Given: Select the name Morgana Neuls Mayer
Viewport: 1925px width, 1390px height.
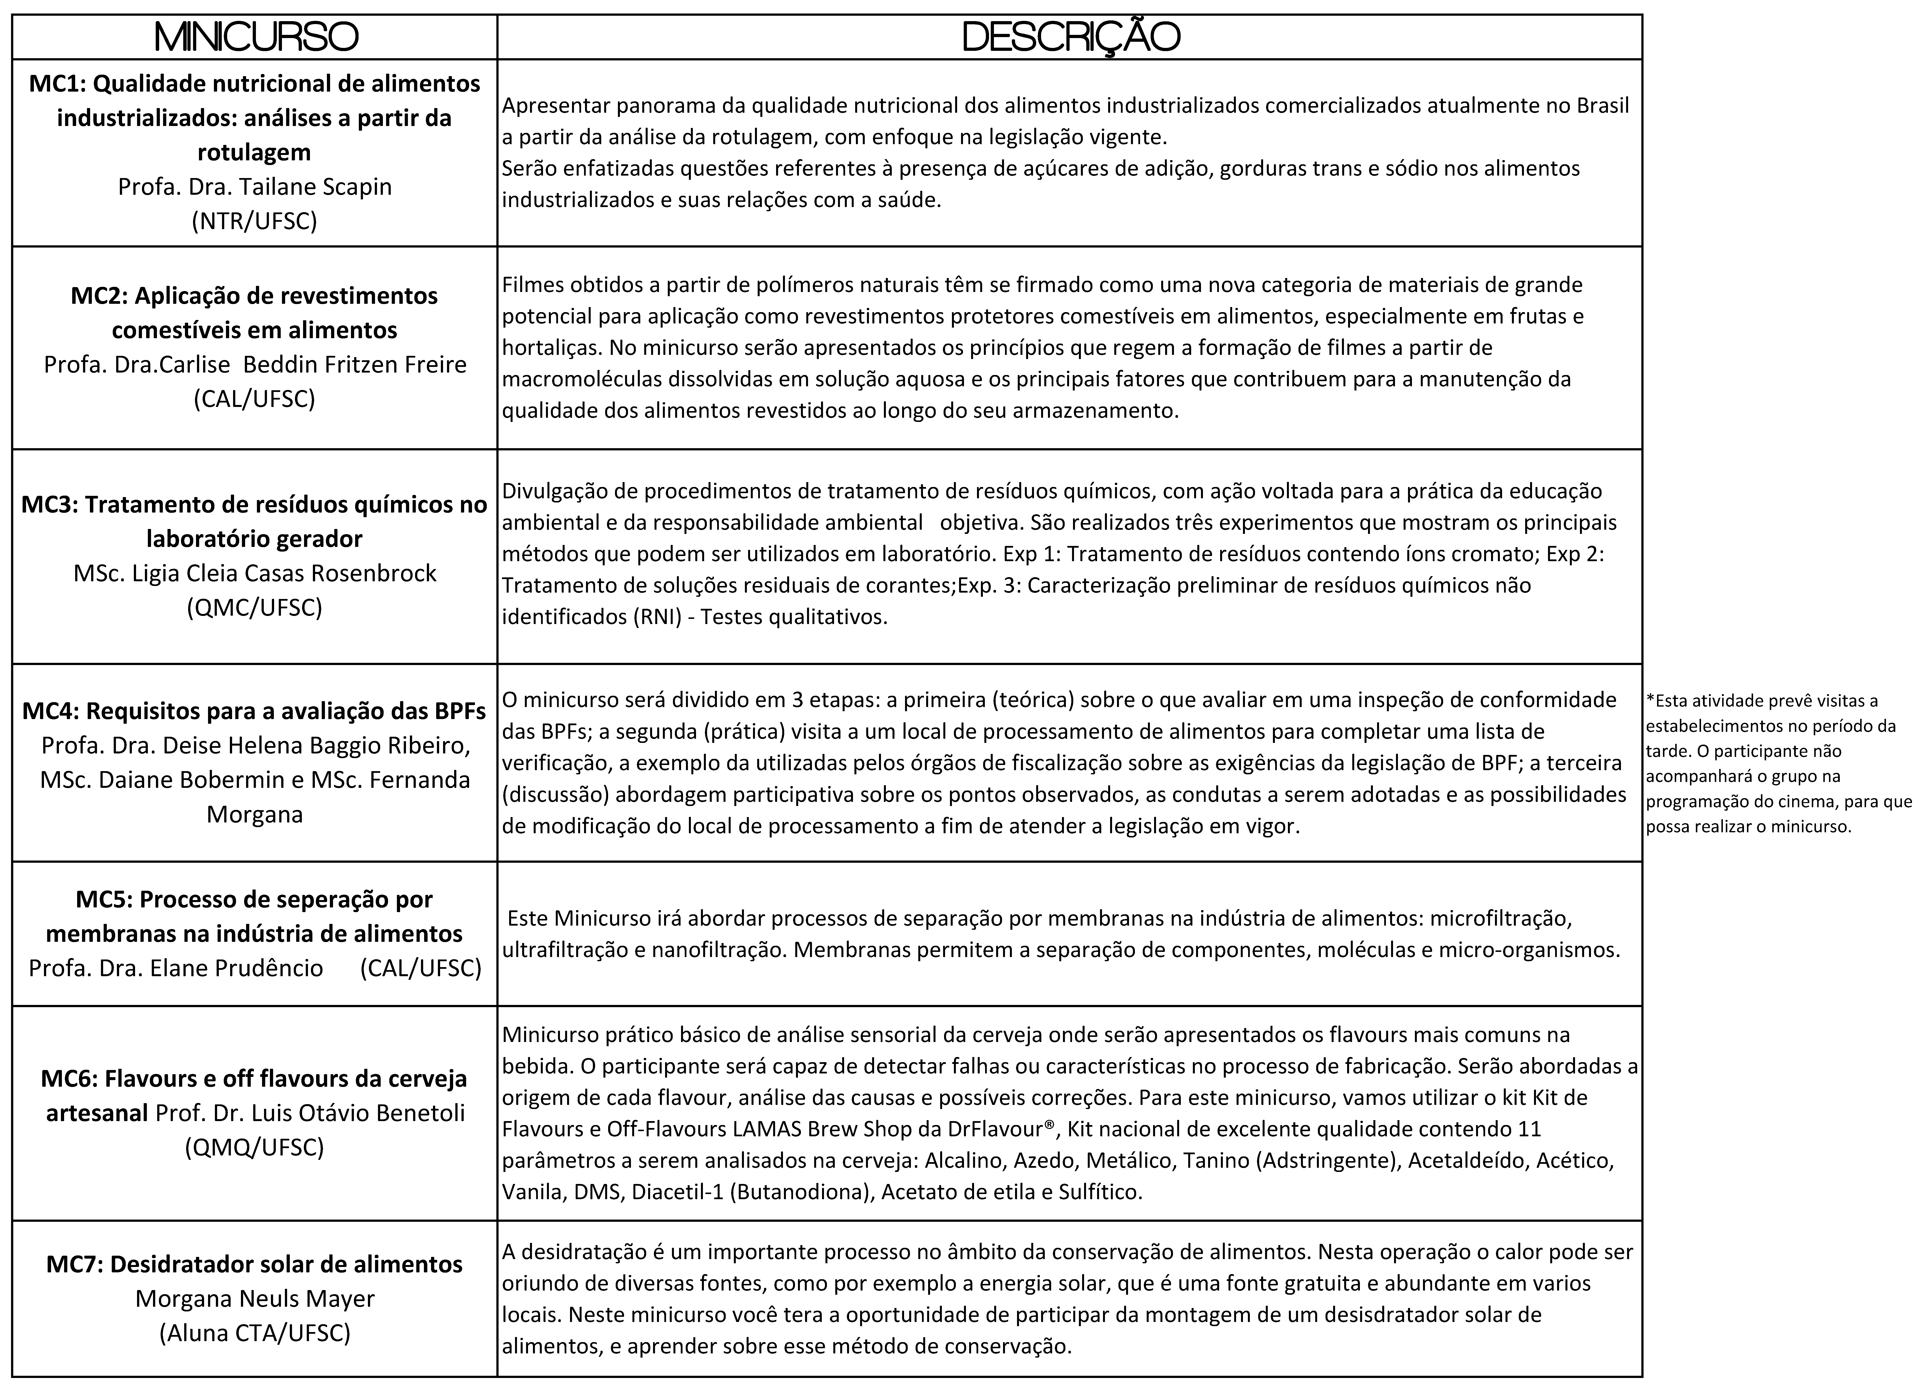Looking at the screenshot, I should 255,1298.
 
